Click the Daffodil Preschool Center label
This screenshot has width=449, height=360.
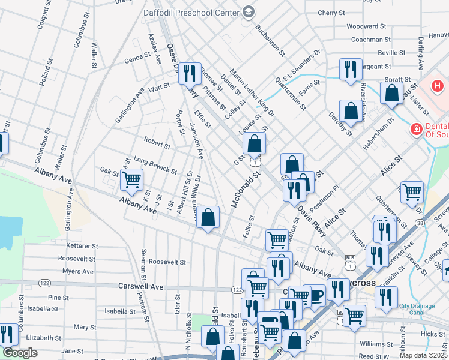(x=190, y=12)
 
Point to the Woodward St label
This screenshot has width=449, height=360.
(x=366, y=26)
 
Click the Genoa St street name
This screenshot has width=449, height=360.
(x=137, y=56)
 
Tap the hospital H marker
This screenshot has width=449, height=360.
(x=438, y=86)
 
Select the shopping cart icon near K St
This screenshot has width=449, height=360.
(x=131, y=179)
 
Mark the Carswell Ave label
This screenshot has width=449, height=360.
(x=141, y=287)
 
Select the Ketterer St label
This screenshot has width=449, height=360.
(x=82, y=246)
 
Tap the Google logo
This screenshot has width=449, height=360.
(x=20, y=353)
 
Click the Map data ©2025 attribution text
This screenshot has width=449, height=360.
(x=423, y=355)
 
